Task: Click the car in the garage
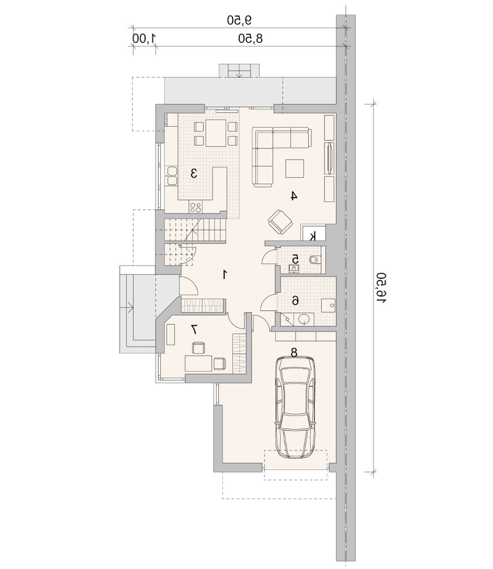click(295, 408)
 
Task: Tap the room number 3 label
click(194, 173)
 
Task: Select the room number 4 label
click(294, 196)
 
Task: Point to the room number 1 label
click(225, 275)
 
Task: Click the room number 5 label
click(295, 259)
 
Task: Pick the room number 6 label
click(296, 301)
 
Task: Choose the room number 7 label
click(194, 329)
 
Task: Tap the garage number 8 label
click(294, 351)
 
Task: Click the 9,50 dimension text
click(239, 20)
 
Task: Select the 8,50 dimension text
click(250, 38)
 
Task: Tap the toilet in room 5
click(314, 260)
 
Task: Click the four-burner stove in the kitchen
click(196, 207)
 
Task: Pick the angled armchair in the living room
click(280, 222)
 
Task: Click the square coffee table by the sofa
click(295, 169)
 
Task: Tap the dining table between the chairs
click(216, 133)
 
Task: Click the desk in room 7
click(198, 363)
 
